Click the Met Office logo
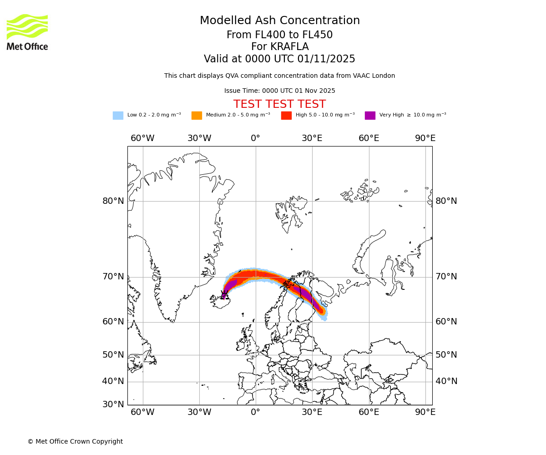27,32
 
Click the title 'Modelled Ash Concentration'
280,21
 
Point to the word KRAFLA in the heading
289,47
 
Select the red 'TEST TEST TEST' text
279,104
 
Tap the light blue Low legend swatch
118,116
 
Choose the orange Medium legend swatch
197,116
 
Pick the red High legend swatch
286,116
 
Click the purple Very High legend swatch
370,116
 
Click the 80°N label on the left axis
113,201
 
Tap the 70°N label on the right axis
446,277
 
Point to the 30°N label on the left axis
113,404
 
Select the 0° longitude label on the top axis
256,138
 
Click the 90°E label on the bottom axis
425,412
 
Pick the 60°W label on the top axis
142,138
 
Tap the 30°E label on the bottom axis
312,412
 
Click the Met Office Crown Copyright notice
75,442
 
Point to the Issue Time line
279,91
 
